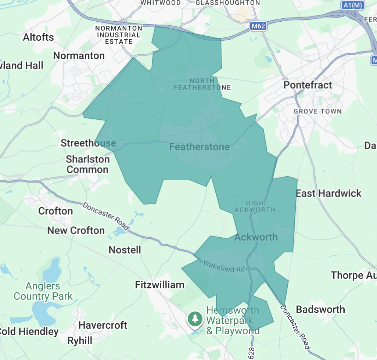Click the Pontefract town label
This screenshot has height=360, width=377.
[308, 85]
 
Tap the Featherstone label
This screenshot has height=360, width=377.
[199, 147]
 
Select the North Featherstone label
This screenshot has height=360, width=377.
[202, 84]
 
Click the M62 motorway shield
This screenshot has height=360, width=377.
[258, 26]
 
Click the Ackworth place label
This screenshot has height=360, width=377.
[256, 237]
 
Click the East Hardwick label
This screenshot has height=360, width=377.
[328, 194]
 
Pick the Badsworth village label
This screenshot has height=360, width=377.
[320, 309]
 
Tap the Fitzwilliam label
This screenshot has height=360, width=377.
[159, 285]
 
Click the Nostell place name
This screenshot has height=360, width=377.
[125, 250]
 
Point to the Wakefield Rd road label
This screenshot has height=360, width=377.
[224, 266]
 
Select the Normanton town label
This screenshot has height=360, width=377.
[79, 56]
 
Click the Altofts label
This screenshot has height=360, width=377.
[38, 37]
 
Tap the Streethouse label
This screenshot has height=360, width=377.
[88, 143]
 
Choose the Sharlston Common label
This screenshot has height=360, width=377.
[87, 164]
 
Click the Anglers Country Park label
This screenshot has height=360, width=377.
[43, 291]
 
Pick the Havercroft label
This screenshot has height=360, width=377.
[103, 325]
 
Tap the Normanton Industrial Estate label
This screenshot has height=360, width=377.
[118, 35]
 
